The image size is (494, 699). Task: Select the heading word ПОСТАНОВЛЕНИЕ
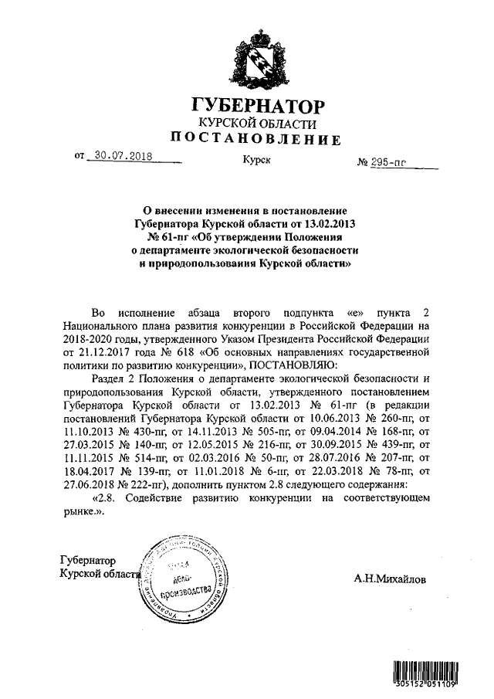(255, 139)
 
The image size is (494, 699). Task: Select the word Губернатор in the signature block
(87, 560)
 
